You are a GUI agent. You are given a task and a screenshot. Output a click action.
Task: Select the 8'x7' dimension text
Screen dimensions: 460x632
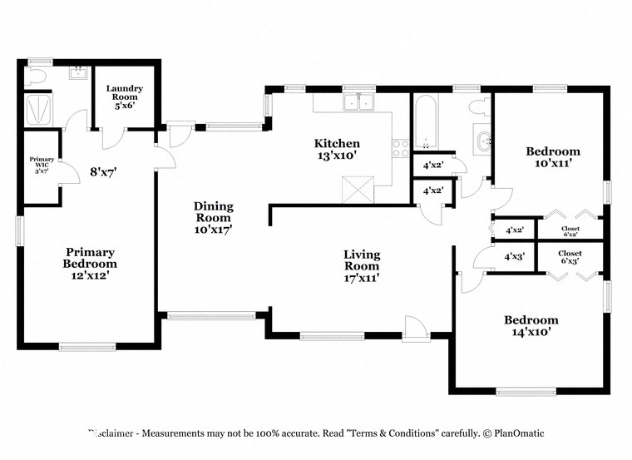[103, 173]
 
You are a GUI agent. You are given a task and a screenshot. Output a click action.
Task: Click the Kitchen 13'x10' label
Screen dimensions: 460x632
[337, 149]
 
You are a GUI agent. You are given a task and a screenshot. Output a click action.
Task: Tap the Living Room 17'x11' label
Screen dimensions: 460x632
[363, 265]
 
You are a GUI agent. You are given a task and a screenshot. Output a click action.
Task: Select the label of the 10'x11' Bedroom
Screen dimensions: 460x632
[553, 157]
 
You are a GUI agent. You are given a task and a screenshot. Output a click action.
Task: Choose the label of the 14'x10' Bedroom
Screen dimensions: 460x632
[531, 325]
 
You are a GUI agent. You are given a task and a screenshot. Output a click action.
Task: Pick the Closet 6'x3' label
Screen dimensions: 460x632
[570, 256]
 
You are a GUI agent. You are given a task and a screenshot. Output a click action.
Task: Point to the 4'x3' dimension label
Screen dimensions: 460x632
[515, 257]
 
